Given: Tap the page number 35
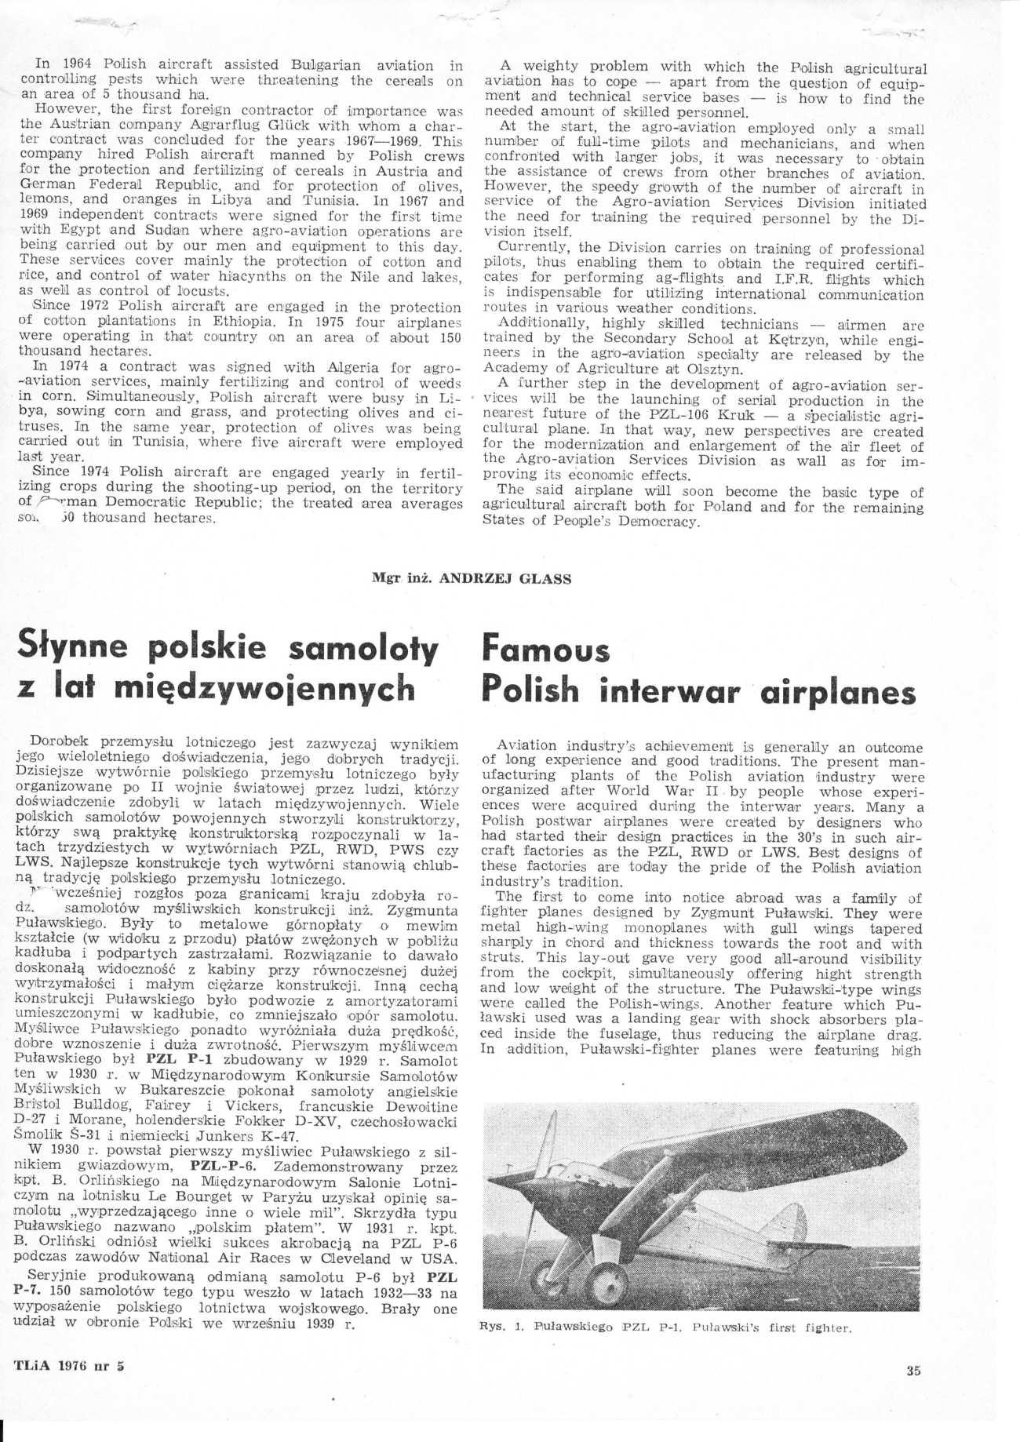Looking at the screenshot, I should [913, 1371].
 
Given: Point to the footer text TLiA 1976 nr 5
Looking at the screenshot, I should [69, 1365].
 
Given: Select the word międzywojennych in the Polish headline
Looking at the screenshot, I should [264, 689].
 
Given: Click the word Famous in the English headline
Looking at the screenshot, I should [545, 651].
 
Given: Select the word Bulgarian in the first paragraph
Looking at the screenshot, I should [325, 65].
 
